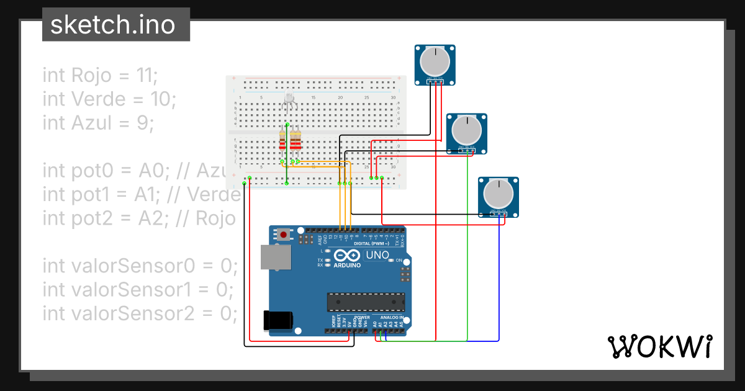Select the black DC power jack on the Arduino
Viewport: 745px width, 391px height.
tap(277, 320)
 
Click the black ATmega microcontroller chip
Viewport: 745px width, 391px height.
tap(366, 302)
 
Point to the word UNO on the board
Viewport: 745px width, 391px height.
tap(377, 255)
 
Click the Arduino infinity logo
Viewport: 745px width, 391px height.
tap(346, 255)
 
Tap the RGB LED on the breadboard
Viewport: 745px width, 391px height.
tap(289, 99)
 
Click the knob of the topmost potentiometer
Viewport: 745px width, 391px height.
tap(435, 61)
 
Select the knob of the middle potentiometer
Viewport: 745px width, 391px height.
tap(466, 130)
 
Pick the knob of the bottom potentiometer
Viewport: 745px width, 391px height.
tap(498, 194)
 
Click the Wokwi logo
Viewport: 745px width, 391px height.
tap(659, 346)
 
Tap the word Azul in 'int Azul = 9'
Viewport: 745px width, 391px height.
tap(94, 123)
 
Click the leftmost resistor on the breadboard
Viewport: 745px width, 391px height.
tap(283, 143)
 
